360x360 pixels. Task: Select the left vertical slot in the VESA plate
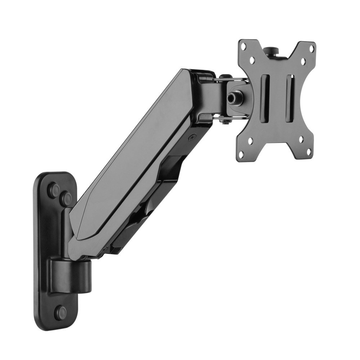[266, 98]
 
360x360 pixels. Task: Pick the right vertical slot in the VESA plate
[290, 98]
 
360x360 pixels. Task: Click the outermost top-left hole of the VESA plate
[243, 46]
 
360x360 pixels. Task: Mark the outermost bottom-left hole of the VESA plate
[242, 153]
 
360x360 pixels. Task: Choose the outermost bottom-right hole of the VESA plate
[309, 153]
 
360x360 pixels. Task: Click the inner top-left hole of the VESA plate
[252, 59]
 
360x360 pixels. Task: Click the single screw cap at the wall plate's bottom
[60, 313]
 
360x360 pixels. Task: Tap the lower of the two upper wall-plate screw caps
[66, 198]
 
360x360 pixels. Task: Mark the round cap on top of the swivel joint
[225, 77]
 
